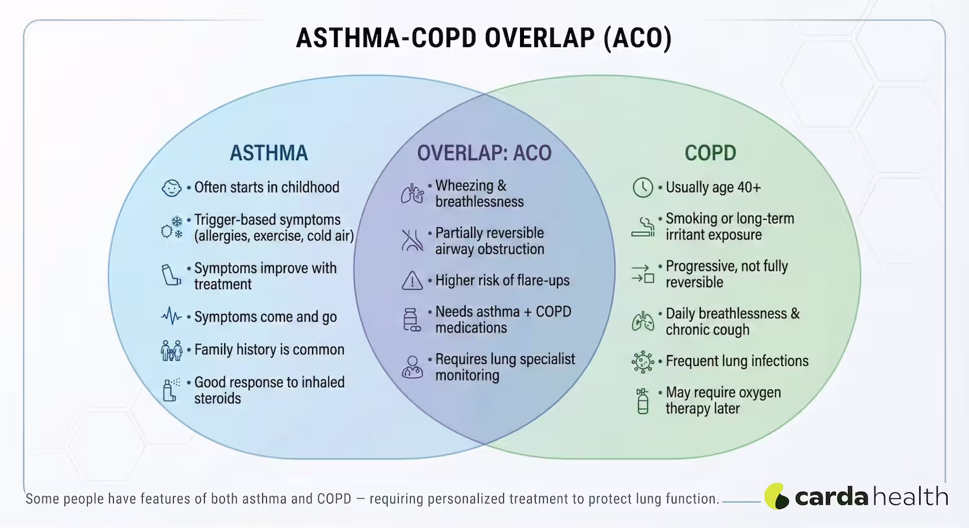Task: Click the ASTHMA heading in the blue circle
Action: pos(269,153)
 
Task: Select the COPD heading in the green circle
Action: pos(710,153)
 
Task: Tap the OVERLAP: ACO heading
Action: pos(484,153)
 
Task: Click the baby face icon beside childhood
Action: pos(171,188)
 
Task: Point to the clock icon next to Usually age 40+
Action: pos(643,188)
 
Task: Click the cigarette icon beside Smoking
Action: pos(643,227)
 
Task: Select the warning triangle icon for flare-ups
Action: pos(412,281)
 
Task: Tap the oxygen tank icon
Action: pos(643,401)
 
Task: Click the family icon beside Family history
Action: pos(172,350)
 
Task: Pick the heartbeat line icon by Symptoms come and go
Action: pos(172,316)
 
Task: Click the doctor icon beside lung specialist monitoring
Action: pos(412,367)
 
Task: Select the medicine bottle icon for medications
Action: pos(412,320)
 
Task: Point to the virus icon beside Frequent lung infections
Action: pos(643,361)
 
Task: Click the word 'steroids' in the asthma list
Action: pos(217,398)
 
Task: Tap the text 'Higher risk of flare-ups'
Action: pos(502,281)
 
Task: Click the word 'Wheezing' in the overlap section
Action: pos(464,186)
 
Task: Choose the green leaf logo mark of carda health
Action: pos(776,496)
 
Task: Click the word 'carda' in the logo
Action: pos(831,497)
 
